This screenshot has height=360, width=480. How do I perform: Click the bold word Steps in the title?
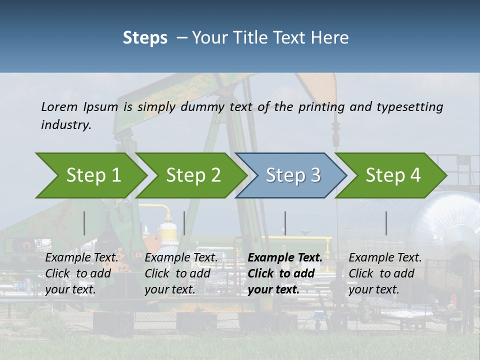[145, 37]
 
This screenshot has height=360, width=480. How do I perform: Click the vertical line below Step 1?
[84, 223]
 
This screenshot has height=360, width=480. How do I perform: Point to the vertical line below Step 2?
[184, 223]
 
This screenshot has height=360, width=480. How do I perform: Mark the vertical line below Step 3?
[285, 223]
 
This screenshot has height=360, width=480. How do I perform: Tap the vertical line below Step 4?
[386, 223]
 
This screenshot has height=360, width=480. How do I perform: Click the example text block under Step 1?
[81, 273]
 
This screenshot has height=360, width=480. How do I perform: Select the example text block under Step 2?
[181, 273]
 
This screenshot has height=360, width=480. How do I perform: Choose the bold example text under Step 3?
[285, 273]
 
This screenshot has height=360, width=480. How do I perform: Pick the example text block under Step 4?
[385, 273]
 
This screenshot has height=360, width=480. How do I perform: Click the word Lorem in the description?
[59, 106]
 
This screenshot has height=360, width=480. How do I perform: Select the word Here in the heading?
[332, 37]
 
